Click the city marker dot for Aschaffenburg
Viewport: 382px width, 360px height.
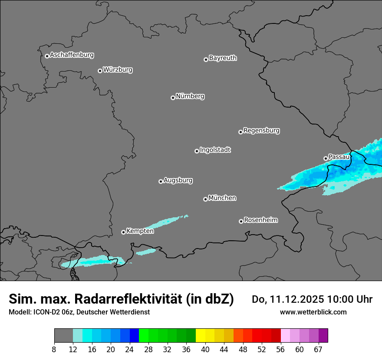(x=47, y=56)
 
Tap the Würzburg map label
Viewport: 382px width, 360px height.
(x=118, y=69)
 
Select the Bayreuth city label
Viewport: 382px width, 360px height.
(x=223, y=58)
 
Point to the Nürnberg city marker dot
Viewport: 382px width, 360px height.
(x=173, y=98)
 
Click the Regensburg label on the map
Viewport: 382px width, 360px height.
(x=261, y=130)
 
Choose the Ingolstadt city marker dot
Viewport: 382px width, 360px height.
(x=197, y=151)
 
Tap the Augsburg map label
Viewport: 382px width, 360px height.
(x=178, y=180)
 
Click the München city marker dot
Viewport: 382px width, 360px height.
(x=205, y=199)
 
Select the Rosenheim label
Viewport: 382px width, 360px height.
(x=260, y=220)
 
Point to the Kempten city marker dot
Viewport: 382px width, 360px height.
(x=123, y=232)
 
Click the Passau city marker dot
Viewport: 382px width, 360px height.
(x=326, y=158)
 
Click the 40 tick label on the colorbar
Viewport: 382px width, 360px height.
(x=205, y=350)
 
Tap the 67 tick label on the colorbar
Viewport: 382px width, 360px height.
(x=318, y=350)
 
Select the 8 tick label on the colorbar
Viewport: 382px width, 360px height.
(x=54, y=350)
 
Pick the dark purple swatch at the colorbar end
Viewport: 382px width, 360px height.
(x=323, y=336)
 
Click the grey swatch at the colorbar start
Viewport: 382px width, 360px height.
(x=63, y=336)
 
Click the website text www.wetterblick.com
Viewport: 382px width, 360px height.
(x=313, y=312)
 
